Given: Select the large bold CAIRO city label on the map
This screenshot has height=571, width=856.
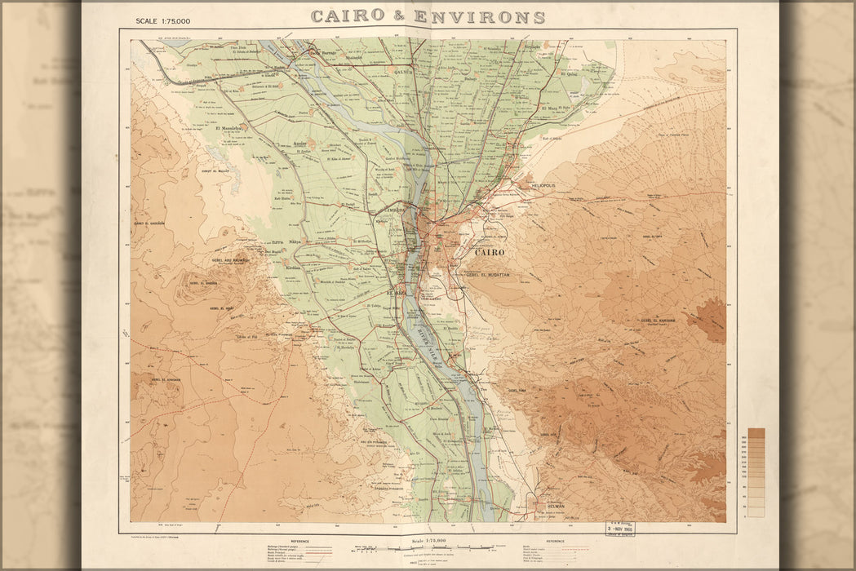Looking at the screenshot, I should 490,253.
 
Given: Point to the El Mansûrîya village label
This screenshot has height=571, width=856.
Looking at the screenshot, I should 229,128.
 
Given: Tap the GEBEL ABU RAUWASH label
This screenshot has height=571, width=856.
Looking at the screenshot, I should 229,261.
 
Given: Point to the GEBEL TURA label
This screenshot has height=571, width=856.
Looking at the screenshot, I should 519,390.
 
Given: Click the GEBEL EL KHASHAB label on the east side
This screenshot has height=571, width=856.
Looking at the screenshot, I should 659,321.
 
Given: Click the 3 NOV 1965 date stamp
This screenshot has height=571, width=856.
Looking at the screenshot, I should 619,529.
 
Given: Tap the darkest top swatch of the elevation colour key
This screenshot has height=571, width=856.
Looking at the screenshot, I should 756,433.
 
